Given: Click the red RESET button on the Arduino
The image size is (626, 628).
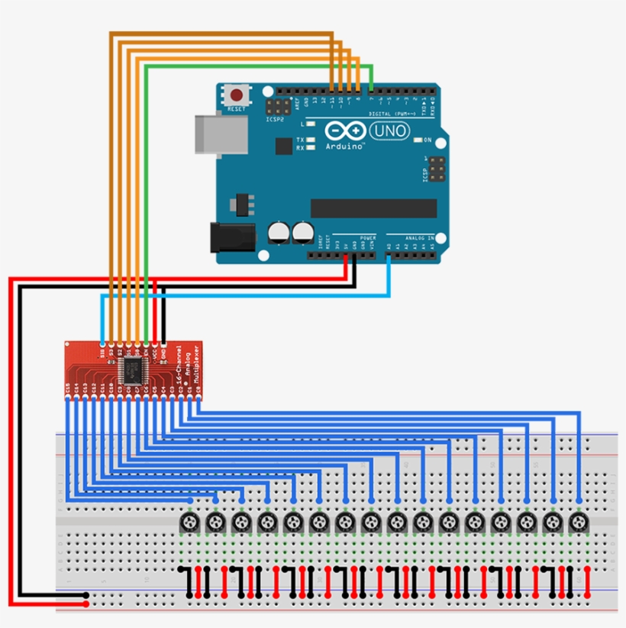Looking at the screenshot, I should click(x=237, y=96).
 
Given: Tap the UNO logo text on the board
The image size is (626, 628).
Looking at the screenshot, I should click(x=389, y=131).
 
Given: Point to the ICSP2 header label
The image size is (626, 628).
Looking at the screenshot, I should click(x=275, y=119).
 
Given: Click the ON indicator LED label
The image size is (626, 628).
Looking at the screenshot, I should click(x=428, y=140).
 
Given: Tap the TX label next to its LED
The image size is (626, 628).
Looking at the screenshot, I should click(x=300, y=140).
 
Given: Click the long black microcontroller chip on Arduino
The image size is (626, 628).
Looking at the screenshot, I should click(x=373, y=208).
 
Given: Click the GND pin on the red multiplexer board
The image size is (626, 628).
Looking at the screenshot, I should click(x=163, y=352).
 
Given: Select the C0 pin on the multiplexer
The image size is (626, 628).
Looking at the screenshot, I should click(x=198, y=389).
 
